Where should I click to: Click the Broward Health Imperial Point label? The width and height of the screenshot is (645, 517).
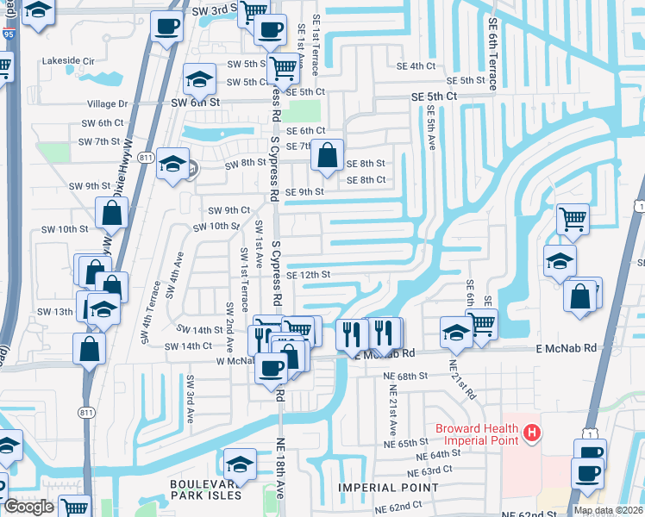point(475,435)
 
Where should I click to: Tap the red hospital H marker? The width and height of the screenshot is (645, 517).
point(533,433)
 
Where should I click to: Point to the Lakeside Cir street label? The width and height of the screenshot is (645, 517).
point(68,61)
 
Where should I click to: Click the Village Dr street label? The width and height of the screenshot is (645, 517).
point(108,103)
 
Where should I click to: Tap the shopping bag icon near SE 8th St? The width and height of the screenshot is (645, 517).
point(328,157)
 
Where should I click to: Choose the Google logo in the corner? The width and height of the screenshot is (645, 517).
point(28,507)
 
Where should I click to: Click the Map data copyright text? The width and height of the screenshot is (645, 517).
point(608,510)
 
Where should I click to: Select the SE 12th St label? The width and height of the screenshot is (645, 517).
point(309,275)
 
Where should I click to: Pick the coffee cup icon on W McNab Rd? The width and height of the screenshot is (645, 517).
point(271,368)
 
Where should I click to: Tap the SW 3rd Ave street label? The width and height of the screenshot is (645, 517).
point(190,398)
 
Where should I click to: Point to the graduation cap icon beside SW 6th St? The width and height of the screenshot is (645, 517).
point(199,81)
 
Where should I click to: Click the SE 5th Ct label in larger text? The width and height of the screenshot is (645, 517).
point(434,97)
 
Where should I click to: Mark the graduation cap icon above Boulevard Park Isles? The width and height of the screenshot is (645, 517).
point(240,464)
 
